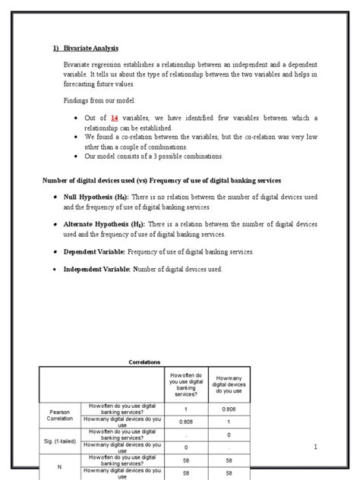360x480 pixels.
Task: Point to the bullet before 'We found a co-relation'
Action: [77, 137]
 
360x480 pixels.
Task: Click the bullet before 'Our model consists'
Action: [77, 156]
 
